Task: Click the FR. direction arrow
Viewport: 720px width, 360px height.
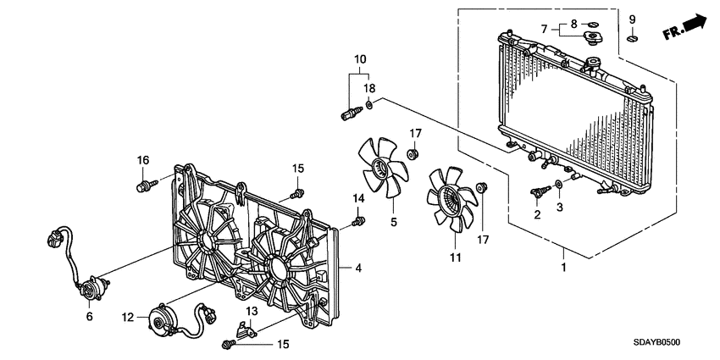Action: [x=684, y=28]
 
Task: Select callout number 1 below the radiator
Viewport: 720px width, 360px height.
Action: [x=563, y=268]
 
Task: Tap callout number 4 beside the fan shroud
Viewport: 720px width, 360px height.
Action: [x=359, y=269]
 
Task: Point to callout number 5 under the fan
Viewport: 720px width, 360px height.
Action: [x=393, y=223]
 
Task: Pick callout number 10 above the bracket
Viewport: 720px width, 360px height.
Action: [x=360, y=59]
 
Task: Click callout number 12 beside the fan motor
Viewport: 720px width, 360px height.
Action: [x=128, y=318]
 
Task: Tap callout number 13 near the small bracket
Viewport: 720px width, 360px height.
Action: [x=252, y=312]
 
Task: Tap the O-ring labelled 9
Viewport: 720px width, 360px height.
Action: [x=632, y=37]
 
